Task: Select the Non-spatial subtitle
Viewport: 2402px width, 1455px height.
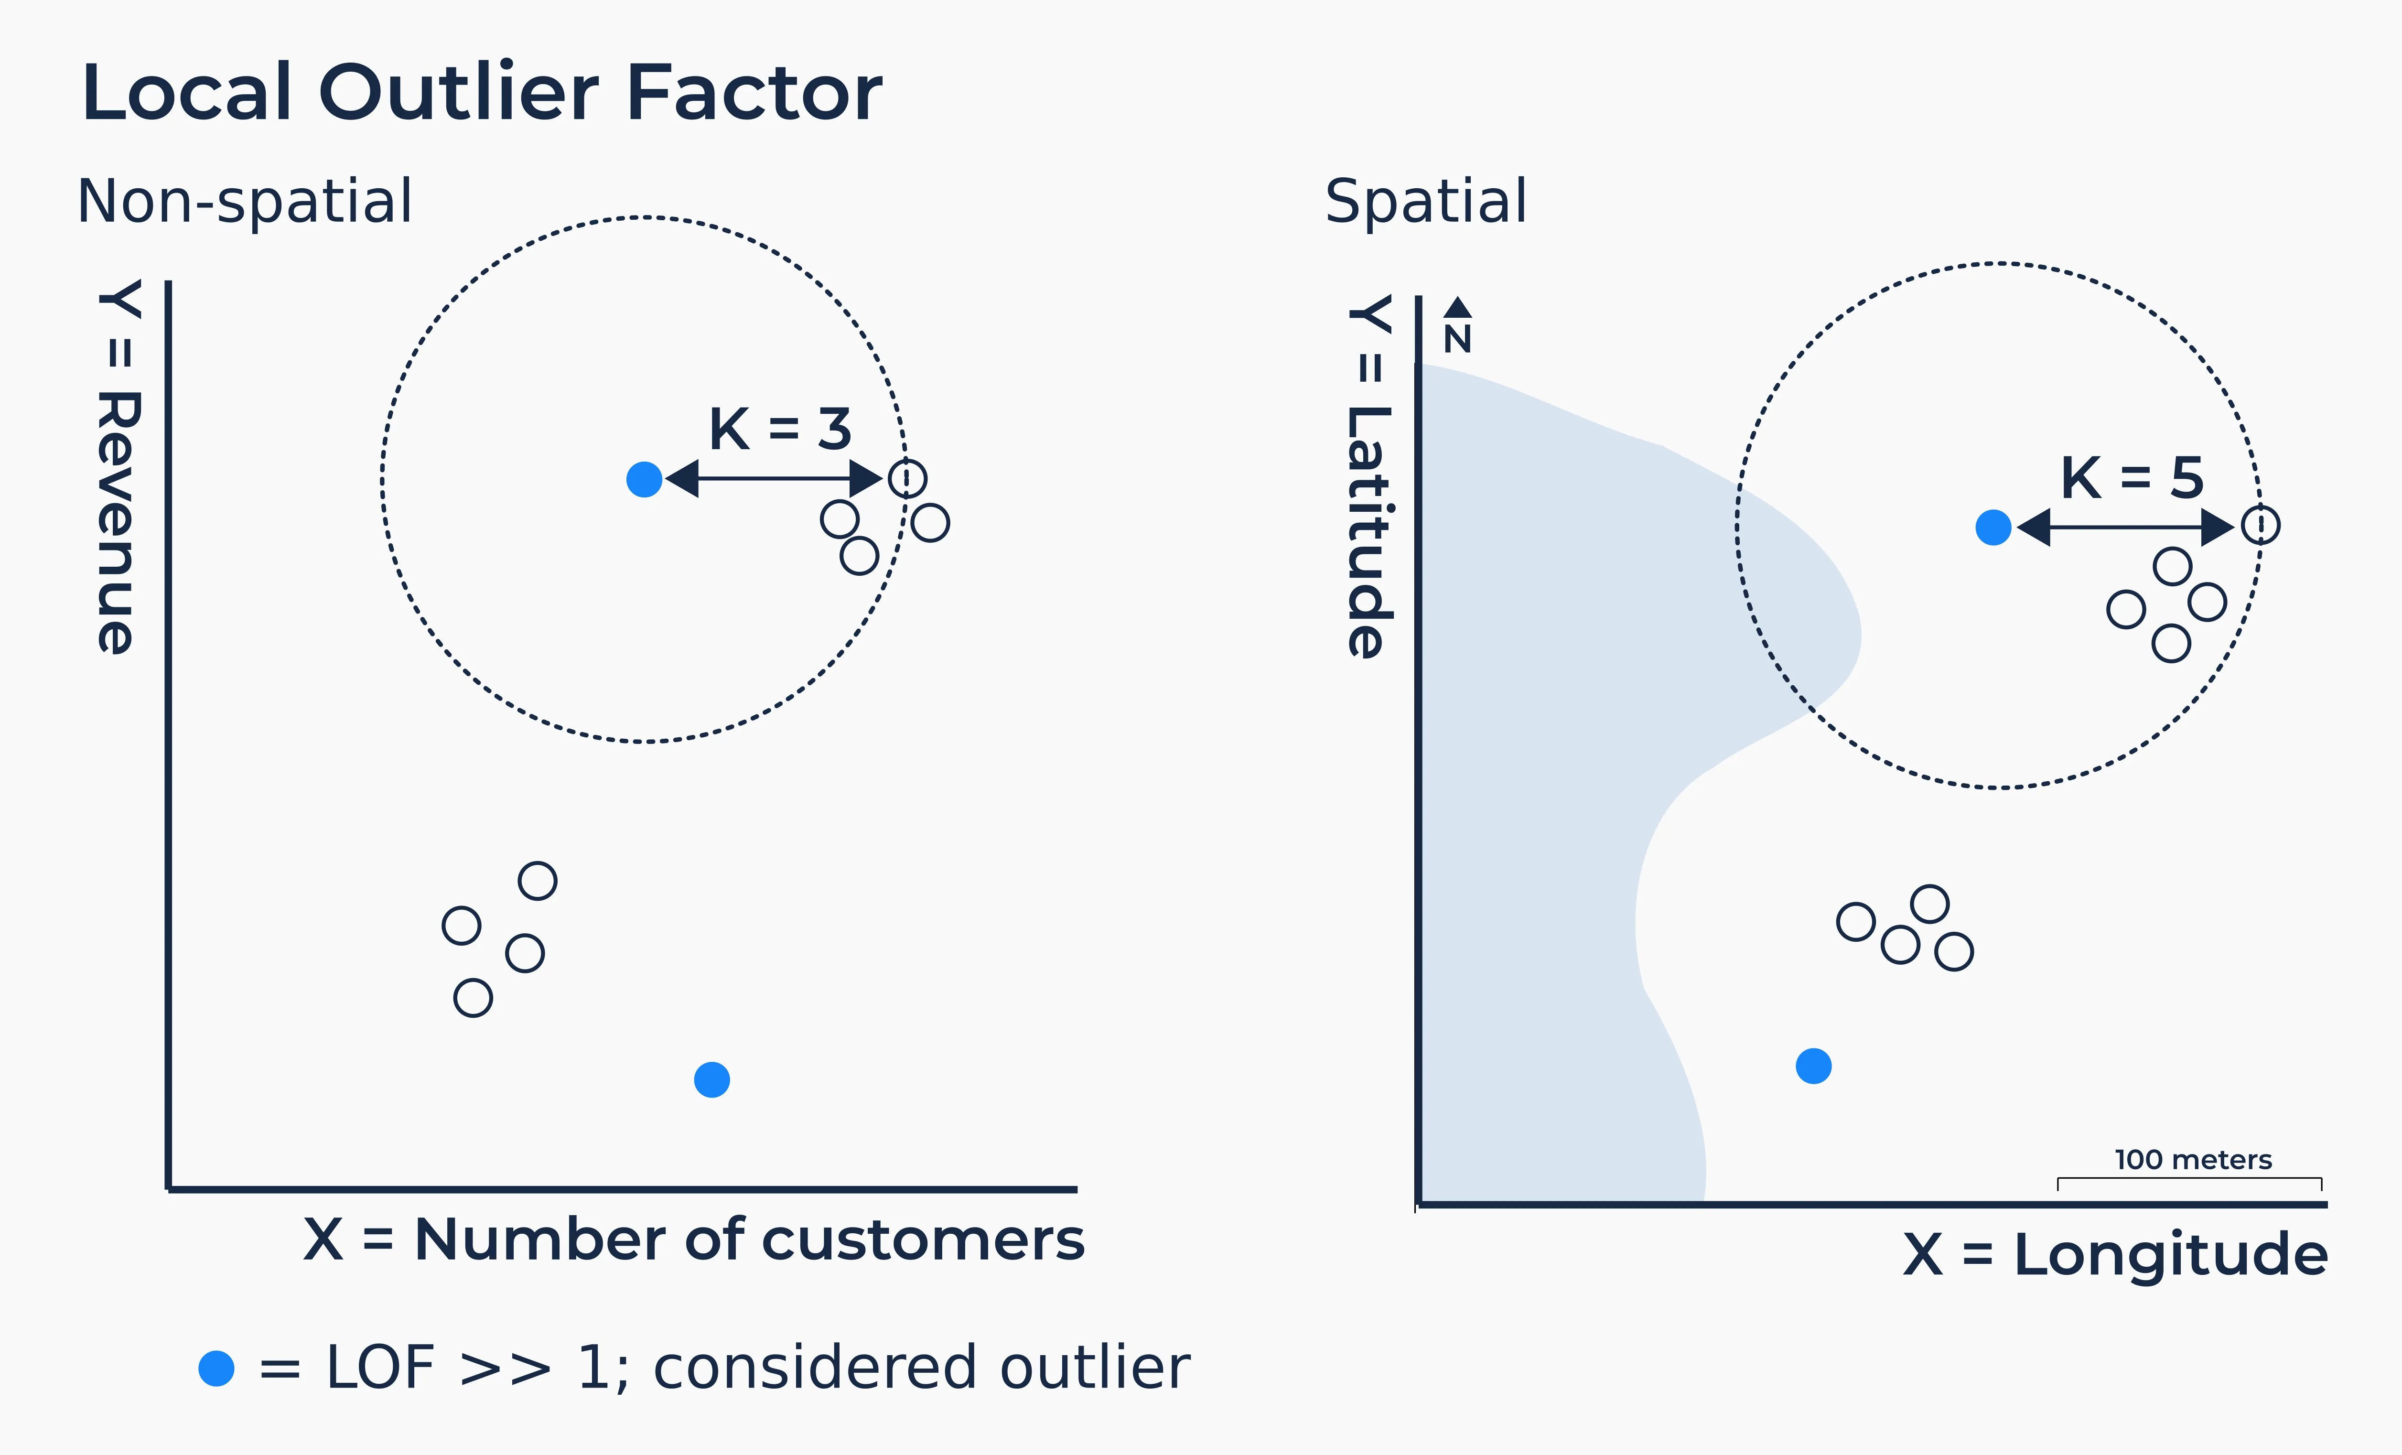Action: tap(245, 202)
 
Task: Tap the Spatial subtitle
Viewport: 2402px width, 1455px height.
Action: tap(1425, 202)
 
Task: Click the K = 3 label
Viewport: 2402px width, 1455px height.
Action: tap(780, 429)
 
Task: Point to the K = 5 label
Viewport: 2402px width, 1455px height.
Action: tap(2132, 477)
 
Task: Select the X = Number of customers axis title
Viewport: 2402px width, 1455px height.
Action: tap(693, 1239)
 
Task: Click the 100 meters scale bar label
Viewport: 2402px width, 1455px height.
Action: tap(2192, 1160)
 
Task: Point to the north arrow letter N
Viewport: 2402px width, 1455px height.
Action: tap(1457, 339)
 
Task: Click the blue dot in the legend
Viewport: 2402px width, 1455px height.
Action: tap(216, 1368)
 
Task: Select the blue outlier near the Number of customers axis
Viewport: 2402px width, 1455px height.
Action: tap(711, 1080)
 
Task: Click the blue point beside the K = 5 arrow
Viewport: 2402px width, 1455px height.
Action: tap(1993, 527)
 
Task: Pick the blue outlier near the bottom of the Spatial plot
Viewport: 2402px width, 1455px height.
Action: tap(1813, 1066)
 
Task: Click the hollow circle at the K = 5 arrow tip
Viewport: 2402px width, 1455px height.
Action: tap(2261, 525)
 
